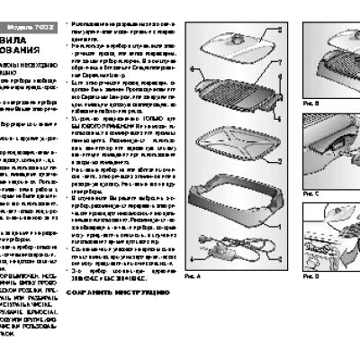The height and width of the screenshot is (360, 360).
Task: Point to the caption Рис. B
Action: [310, 104]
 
